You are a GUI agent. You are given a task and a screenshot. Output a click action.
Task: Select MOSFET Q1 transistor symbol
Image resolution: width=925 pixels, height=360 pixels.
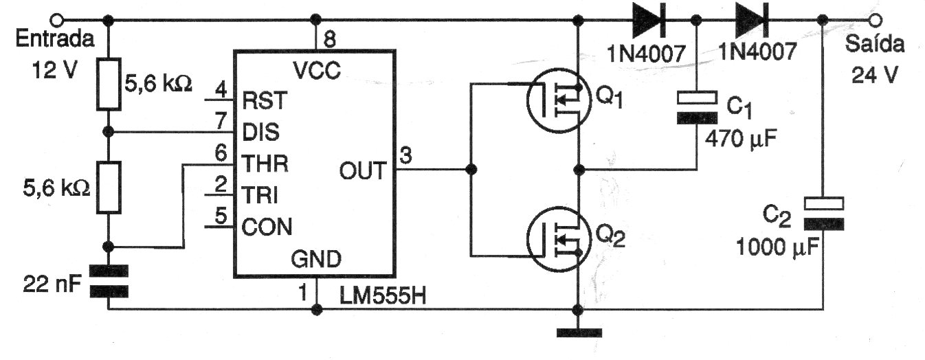pos(555,102)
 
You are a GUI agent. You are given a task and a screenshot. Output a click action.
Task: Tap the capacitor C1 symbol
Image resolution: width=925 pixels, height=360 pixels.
pos(697,107)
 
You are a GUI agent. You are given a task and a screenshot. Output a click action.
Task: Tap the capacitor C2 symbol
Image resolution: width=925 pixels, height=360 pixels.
pos(824,214)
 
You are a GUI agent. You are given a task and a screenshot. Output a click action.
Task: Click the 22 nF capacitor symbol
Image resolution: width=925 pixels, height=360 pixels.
pos(109,281)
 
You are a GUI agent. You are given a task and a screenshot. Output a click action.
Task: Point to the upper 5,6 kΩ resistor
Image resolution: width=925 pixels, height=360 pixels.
pos(109,84)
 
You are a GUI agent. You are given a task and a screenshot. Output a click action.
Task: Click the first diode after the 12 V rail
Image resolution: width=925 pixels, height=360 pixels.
pos(647,19)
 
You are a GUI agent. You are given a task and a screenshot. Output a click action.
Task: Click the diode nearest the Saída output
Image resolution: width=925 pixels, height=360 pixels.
pos(750,19)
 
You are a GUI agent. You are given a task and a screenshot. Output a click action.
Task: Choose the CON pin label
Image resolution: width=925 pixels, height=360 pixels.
pos(267,225)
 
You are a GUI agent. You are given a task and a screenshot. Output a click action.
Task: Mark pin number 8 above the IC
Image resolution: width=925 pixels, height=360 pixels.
pos(329,39)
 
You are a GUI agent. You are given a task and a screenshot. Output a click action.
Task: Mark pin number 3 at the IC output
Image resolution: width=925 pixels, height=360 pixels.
pos(407,156)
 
